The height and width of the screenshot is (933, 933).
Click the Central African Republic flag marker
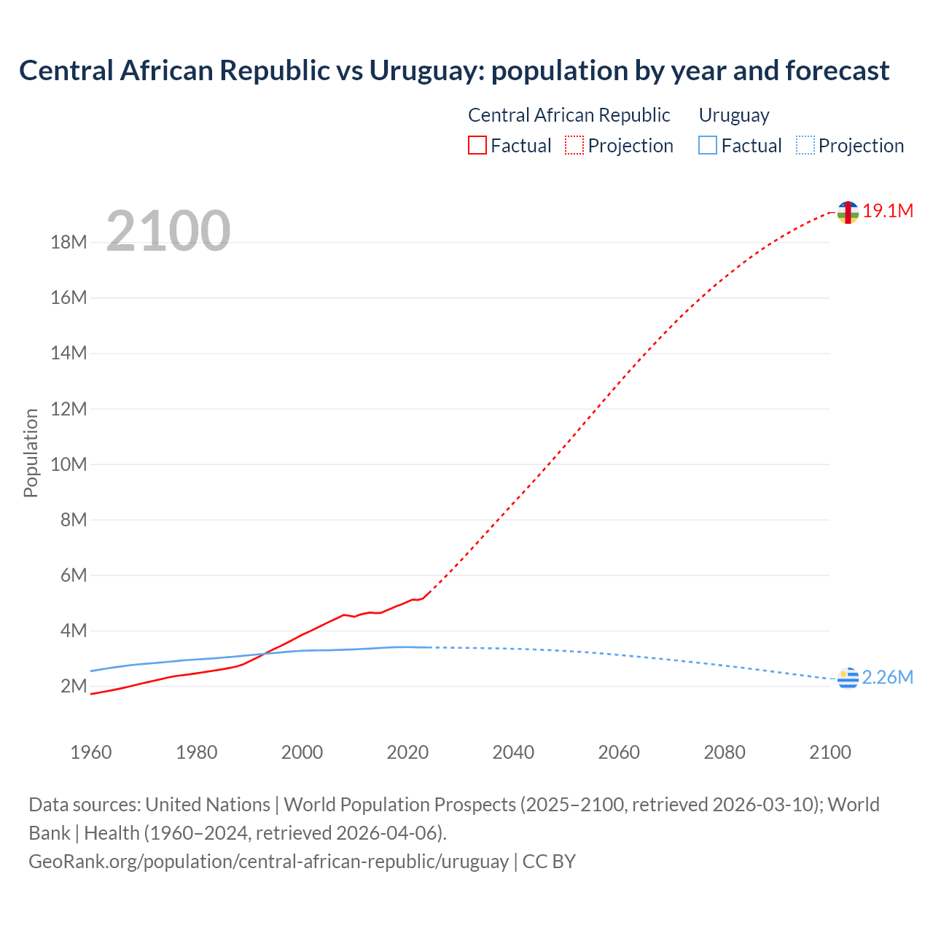848,212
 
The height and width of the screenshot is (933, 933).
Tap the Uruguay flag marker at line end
848,678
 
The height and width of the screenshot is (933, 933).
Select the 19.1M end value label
888,211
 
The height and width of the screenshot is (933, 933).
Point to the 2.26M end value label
887,677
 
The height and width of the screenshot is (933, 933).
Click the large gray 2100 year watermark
168,231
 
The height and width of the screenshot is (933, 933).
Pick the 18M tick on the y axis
69,242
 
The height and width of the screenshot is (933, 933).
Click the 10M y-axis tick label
69,464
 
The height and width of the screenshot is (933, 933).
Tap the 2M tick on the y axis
74,686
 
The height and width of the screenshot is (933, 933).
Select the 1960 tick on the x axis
91,752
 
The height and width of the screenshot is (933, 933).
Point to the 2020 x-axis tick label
407,752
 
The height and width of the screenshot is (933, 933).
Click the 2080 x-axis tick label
725,752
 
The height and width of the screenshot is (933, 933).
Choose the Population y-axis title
31,453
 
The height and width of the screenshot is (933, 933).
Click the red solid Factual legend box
477,146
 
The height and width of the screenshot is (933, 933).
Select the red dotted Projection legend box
574,146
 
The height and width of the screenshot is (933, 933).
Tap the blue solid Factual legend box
708,146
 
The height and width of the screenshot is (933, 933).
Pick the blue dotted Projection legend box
805,146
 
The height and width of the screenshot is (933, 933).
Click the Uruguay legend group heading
734,115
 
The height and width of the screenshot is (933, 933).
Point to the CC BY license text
550,861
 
